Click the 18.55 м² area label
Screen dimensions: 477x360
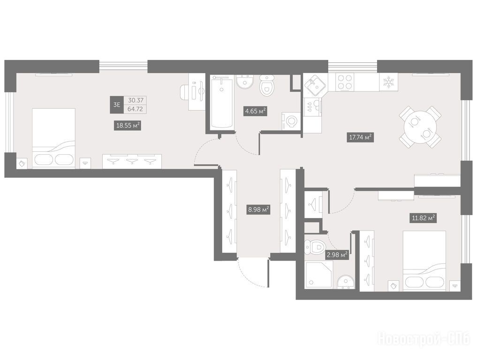pos(128,125)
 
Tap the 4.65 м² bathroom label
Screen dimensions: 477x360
pos(256,111)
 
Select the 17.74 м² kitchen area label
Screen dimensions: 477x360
pos(361,137)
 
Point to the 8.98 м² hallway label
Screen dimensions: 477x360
pos(258,210)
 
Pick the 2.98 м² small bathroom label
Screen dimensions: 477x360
pos(336,255)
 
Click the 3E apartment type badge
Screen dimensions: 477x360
pos(116,105)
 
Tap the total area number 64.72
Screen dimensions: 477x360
pos(135,109)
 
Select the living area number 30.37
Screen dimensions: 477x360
pos(135,100)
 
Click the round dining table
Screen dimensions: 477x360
pos(420,127)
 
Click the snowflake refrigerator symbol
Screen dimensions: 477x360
pos(388,82)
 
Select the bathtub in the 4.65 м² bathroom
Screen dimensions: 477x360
pos(222,102)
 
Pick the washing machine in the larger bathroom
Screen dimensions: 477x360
pos(291,122)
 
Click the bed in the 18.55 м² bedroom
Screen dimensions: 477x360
pos(53,138)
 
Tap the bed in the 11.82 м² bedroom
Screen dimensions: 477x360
pos(424,260)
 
